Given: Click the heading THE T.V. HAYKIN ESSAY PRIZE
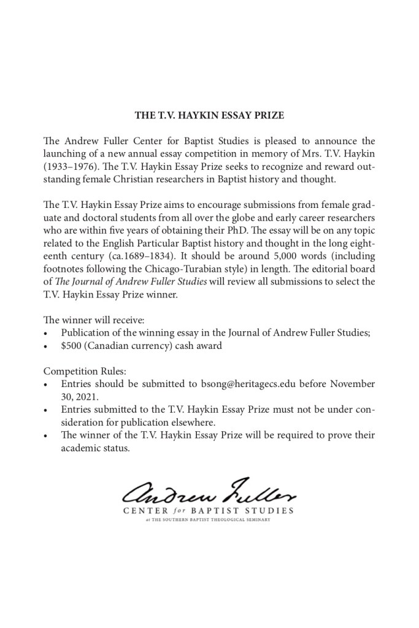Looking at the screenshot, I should (x=209, y=115).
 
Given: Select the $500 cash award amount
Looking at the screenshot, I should (x=72, y=346).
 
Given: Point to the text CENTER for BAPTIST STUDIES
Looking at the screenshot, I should (x=209, y=510).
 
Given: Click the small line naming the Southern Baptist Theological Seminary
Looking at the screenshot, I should (x=209, y=520).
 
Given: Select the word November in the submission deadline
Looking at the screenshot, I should (x=352, y=384).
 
